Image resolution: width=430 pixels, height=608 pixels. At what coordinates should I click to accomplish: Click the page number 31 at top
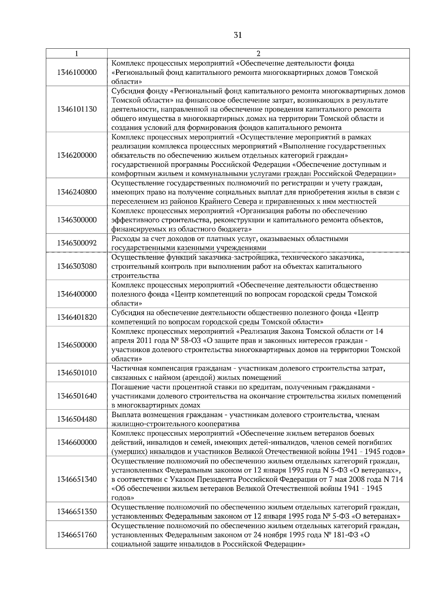click(238, 35)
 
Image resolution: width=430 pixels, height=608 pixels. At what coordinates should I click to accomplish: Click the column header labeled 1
click(77, 54)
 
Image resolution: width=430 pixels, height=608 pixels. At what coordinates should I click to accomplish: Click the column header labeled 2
click(258, 54)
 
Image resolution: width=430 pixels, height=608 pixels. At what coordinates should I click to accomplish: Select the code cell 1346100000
click(77, 72)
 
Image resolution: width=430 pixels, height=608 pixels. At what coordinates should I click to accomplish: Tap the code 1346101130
click(77, 109)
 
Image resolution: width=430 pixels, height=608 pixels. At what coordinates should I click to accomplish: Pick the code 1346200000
click(77, 155)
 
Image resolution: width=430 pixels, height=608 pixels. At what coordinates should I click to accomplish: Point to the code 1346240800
click(77, 192)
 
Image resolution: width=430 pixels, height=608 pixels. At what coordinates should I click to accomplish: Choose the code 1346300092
click(77, 243)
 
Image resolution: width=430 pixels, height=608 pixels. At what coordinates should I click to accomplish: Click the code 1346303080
click(77, 266)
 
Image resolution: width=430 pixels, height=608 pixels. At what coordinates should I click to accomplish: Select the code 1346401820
click(77, 317)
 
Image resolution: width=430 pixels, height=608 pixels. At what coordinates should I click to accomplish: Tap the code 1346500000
click(77, 345)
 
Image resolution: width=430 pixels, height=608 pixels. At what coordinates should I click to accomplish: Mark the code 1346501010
click(77, 373)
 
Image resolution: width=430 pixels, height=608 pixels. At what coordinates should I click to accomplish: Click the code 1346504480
click(77, 419)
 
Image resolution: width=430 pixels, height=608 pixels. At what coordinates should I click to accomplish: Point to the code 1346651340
click(77, 479)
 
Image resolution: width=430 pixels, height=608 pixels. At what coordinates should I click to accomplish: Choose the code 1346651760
click(77, 535)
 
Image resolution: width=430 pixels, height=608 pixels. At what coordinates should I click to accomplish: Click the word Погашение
click(127, 387)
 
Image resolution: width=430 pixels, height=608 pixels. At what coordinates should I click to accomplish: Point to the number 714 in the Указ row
click(397, 479)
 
